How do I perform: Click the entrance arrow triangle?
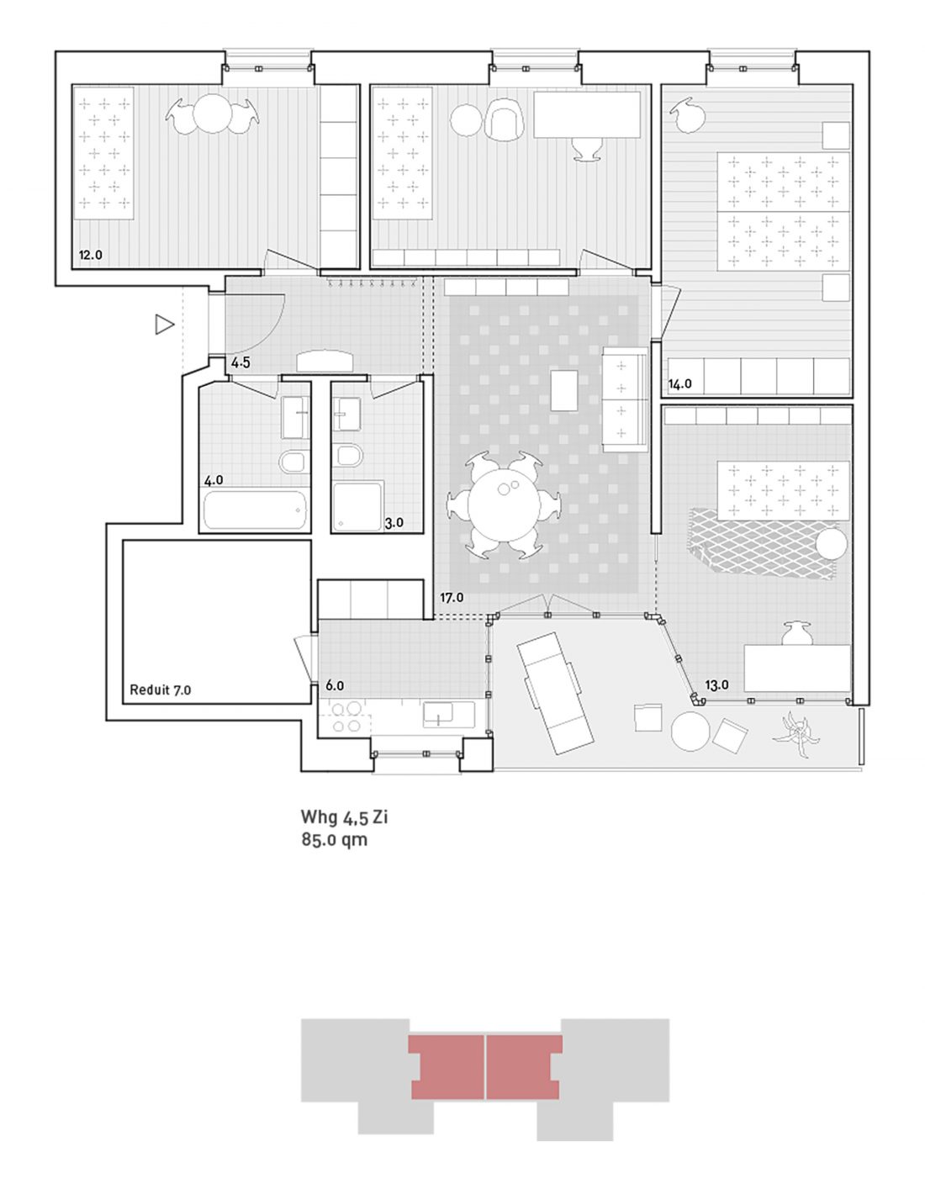point(164,325)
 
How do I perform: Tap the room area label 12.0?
point(90,255)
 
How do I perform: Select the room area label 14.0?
point(680,384)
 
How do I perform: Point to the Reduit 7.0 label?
point(161,690)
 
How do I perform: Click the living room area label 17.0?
point(452,598)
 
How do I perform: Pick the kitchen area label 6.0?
point(335,685)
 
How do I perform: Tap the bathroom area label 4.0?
point(214,480)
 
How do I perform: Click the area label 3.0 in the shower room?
point(394,522)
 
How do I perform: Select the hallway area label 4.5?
point(240,362)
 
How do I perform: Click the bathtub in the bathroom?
point(254,510)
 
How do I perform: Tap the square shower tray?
point(358,507)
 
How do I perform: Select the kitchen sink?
point(438,715)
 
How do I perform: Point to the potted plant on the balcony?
point(796,733)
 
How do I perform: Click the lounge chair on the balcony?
point(555,693)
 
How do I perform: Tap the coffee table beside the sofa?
point(564,391)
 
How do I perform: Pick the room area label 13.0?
point(716,685)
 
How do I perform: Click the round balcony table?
point(691,733)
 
